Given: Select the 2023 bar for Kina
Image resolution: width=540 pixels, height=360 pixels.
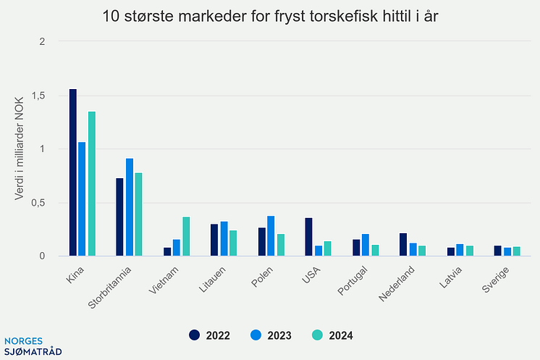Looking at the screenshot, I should click(x=83, y=199).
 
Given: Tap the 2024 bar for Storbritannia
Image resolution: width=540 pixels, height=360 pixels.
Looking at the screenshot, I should click(x=138, y=214).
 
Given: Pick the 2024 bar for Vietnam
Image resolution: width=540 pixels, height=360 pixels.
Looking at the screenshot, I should click(x=186, y=237).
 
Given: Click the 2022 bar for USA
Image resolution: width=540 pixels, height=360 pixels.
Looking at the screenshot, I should click(x=308, y=237).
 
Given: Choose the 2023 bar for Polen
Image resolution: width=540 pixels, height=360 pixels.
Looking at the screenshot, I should click(x=271, y=236).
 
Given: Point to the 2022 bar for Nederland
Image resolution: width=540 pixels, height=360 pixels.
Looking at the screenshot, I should click(x=403, y=245).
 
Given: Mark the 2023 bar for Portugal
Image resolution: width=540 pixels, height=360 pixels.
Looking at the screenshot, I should click(x=366, y=245).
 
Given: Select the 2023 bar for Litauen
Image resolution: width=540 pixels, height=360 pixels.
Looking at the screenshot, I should click(x=224, y=239).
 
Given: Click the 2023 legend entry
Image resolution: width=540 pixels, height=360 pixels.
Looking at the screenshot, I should click(x=271, y=335).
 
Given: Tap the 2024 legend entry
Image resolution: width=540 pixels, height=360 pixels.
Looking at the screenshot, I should click(x=332, y=335).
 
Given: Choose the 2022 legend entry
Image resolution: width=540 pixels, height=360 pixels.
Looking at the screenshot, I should click(x=210, y=335).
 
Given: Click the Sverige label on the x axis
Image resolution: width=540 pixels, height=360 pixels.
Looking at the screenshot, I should click(x=496, y=279).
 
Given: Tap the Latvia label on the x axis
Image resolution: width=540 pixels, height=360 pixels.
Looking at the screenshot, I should click(x=450, y=278).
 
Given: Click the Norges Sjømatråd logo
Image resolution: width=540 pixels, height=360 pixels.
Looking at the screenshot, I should click(x=33, y=346).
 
